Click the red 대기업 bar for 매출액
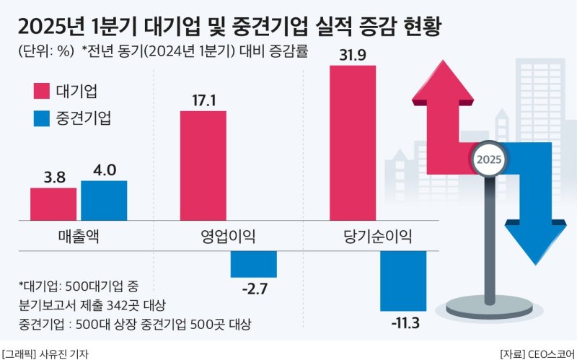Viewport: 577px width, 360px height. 53,204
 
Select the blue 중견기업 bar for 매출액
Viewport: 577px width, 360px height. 104,201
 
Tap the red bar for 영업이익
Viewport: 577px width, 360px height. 203,166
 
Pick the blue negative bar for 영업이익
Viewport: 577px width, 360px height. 254,263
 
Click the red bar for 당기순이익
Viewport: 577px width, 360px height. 353,143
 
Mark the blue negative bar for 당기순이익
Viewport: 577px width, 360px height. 404,281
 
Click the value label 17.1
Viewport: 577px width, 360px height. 203,100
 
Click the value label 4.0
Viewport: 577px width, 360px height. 104,170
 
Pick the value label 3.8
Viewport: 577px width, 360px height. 53,177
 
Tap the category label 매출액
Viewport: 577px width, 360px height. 79,236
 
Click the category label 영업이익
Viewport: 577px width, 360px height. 228,236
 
